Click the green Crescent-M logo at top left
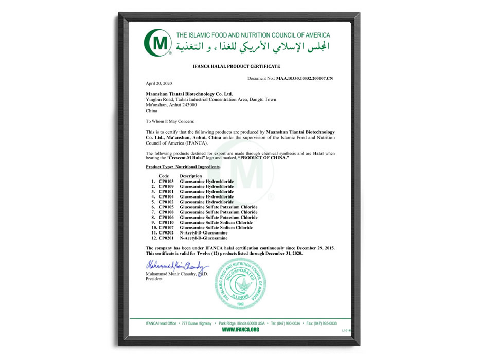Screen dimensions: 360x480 click(x=157, y=43)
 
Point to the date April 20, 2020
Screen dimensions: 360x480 click(x=158, y=83)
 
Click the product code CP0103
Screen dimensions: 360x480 click(x=166, y=182)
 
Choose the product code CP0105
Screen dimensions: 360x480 click(x=166, y=207)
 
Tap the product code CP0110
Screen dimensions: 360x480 click(x=166, y=223)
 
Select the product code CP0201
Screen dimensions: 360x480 click(x=166, y=238)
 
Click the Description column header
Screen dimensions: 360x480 click(x=191, y=176)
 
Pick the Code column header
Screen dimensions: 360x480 click(x=164, y=176)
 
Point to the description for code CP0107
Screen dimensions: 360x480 click(x=216, y=228)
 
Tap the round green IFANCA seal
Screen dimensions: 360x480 click(x=240, y=283)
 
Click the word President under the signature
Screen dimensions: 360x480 click(x=154, y=279)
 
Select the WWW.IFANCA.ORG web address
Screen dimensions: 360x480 click(x=240, y=329)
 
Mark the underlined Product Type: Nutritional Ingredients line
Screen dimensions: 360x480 click(x=183, y=167)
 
